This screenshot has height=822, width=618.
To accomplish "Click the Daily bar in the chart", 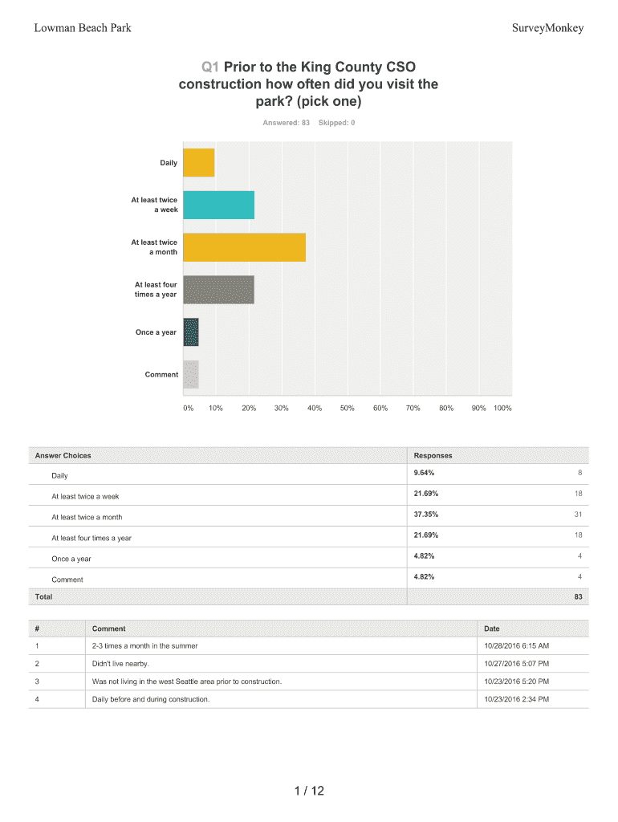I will coord(199,163).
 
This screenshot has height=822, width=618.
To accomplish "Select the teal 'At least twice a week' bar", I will coord(219,205).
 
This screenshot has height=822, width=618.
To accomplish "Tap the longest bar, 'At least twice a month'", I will coord(245,247).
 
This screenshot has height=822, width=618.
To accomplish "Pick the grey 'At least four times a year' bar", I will coord(219,290).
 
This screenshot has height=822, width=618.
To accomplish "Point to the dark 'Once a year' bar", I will coord(191,332).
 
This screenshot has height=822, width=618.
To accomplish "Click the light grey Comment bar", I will coord(191,375).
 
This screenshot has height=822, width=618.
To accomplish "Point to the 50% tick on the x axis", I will coord(348,409).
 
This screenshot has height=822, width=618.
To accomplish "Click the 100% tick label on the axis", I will coord(502,409).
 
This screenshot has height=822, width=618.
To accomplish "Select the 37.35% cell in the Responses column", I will coord(425,515).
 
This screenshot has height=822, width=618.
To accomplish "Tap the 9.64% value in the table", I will coord(424,473).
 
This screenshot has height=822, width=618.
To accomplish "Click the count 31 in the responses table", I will coord(578,515).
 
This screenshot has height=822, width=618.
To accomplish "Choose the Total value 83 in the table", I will coord(578,597).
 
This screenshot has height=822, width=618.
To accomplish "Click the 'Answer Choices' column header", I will coord(63,455).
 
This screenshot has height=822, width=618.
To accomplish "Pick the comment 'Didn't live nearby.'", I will coord(121,664).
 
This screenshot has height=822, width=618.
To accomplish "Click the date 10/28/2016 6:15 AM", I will coord(516,646).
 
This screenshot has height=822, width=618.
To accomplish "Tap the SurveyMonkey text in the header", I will coord(547,29).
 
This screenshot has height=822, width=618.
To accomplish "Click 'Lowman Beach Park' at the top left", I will coord(83,29).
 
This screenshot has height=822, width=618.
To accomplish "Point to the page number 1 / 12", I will coord(309,792).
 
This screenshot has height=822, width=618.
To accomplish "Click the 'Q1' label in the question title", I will coord(211,67).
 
